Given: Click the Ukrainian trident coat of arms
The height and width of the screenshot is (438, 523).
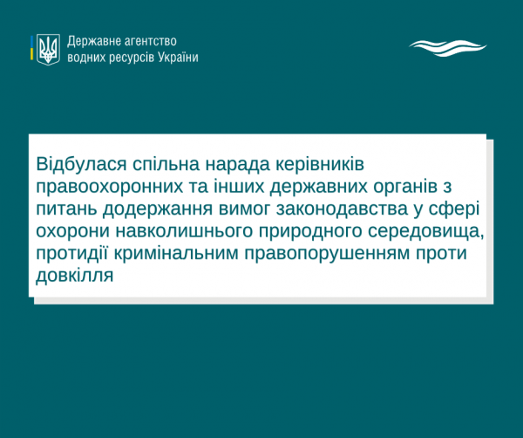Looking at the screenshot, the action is [48, 50].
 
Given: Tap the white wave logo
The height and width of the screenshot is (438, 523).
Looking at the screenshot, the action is [448, 48].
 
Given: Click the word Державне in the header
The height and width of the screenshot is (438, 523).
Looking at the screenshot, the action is [93, 41].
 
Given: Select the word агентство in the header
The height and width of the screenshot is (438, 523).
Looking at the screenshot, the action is [150, 41].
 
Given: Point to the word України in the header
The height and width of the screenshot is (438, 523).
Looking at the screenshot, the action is [178, 58].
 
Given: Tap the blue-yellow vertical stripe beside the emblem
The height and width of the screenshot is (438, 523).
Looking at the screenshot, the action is [31, 48].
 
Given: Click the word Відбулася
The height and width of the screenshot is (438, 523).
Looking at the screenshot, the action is [81, 164].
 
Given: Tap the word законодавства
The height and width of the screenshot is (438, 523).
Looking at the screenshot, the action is [343, 209].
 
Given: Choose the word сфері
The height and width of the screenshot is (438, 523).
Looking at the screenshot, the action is [454, 209].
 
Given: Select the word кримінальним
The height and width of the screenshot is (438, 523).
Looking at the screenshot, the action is [176, 254].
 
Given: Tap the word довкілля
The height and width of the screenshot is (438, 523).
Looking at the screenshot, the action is [75, 276].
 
